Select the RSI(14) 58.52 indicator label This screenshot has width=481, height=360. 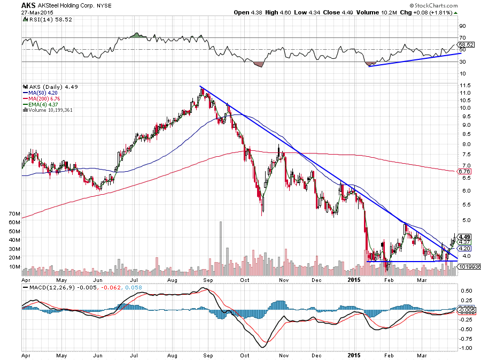pos(45,19)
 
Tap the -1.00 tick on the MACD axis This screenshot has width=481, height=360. pos(466,348)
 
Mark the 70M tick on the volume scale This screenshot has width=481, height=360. pos(14,213)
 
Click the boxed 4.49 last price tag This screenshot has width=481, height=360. pos(464,237)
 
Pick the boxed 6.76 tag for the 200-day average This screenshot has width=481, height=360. pos(464,172)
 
